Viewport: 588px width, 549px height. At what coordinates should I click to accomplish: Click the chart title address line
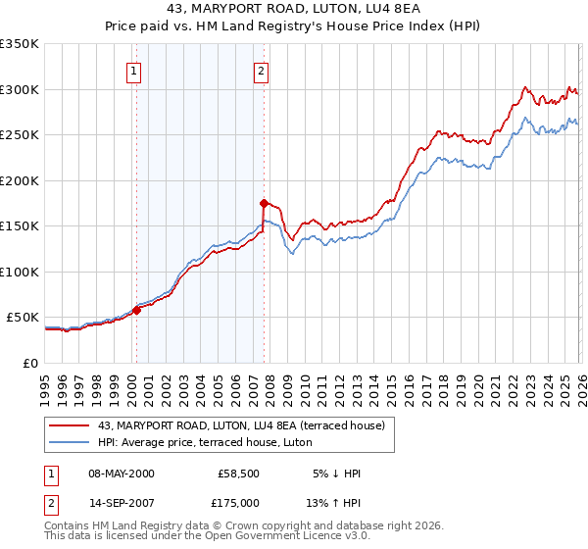[x=294, y=10]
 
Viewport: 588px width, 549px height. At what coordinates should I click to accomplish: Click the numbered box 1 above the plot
[x=133, y=70]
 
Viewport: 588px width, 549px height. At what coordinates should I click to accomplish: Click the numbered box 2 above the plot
[x=262, y=70]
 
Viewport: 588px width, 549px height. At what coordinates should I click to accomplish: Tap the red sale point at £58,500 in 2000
[x=136, y=310]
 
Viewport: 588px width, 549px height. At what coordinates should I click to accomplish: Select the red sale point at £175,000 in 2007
[x=264, y=204]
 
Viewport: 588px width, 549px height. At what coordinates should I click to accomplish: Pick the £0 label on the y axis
[x=29, y=363]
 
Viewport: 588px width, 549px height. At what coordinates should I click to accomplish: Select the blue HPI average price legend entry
[x=205, y=443]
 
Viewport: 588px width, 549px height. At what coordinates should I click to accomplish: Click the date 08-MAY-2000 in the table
[x=122, y=474]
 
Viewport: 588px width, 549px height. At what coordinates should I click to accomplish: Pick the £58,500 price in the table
[x=238, y=474]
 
